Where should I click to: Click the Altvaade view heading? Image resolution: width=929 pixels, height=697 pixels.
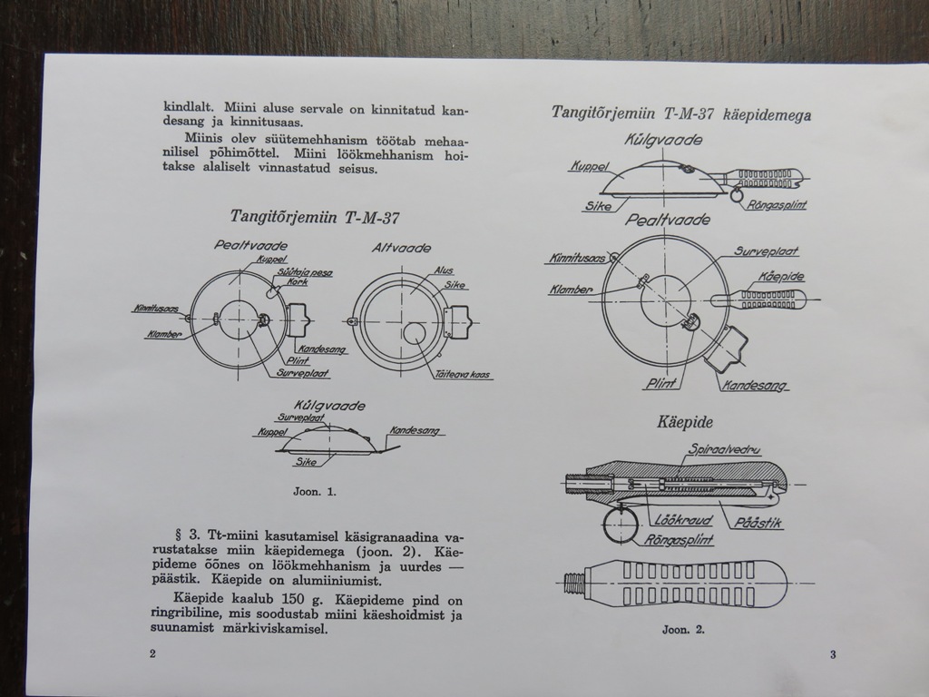(x=401, y=248)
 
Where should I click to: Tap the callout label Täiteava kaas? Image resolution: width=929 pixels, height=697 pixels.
(x=462, y=375)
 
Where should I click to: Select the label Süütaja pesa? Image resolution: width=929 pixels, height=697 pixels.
(x=305, y=272)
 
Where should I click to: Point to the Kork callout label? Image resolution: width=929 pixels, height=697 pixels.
(x=298, y=282)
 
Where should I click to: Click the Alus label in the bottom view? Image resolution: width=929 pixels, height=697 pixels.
(x=444, y=270)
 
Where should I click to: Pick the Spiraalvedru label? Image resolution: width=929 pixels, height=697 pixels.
(x=723, y=449)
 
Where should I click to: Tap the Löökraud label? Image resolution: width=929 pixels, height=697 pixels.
(x=682, y=520)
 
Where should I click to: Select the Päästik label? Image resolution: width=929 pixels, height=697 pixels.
(x=758, y=523)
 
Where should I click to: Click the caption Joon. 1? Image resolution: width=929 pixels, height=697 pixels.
(x=315, y=491)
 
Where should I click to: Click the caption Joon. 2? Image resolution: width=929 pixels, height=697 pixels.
(x=683, y=630)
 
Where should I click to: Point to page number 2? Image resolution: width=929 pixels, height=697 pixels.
(x=152, y=653)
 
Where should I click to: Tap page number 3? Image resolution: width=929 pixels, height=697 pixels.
(x=833, y=654)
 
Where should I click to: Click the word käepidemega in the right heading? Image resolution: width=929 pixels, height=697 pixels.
(x=767, y=115)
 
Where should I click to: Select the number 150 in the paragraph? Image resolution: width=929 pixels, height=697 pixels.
(x=293, y=599)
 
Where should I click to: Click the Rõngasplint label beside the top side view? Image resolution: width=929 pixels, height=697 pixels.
(x=777, y=204)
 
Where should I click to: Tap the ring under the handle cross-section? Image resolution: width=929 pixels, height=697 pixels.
(x=603, y=524)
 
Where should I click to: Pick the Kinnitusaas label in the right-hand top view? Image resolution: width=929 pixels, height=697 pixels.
(x=578, y=259)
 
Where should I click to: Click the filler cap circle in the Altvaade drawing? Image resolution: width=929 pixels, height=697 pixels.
(x=405, y=332)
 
